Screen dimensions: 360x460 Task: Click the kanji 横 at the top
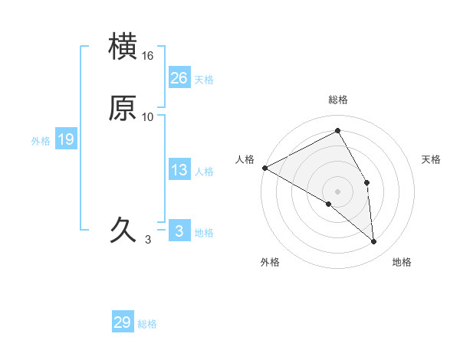(x=123, y=46)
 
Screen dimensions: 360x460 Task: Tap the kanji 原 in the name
(x=123, y=109)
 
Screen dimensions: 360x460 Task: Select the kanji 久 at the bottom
(x=123, y=229)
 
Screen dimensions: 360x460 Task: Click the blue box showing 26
(x=179, y=77)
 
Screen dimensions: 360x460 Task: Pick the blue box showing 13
(x=179, y=170)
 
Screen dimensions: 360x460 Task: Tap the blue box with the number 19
(x=65, y=139)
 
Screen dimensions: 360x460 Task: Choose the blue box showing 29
(x=123, y=322)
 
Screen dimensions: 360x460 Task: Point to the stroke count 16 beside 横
(x=148, y=56)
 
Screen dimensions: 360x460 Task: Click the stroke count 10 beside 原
(x=148, y=117)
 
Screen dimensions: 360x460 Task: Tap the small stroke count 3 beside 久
(x=147, y=240)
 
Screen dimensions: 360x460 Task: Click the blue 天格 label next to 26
(x=204, y=80)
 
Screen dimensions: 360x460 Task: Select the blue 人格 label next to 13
(x=204, y=172)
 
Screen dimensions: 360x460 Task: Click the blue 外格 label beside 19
(x=41, y=141)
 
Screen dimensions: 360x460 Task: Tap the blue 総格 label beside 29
(x=148, y=324)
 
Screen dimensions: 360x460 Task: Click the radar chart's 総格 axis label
(x=338, y=100)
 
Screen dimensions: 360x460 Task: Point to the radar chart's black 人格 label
(x=245, y=159)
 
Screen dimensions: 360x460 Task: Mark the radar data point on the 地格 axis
(x=374, y=242)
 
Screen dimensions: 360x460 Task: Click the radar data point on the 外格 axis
(x=328, y=204)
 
